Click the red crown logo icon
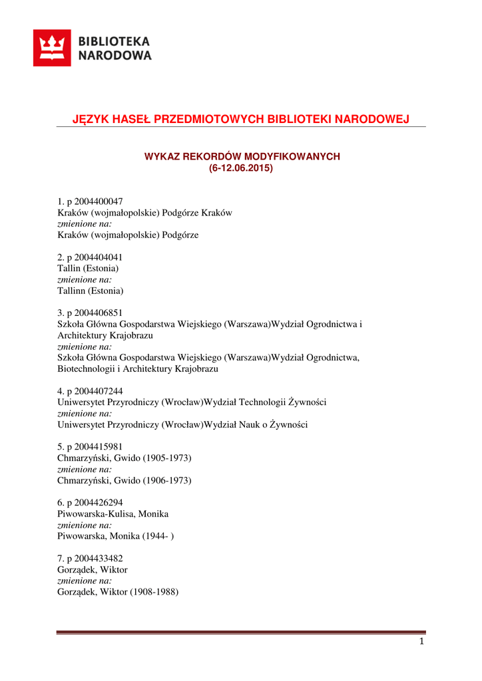pos(52,49)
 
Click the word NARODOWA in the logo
pos(115,56)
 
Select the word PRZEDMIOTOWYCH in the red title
pos(212,119)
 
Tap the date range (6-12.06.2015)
pos(241,168)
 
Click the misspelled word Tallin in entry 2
pos(70,268)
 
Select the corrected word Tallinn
pos(72,291)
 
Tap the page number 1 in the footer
pos(421,641)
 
